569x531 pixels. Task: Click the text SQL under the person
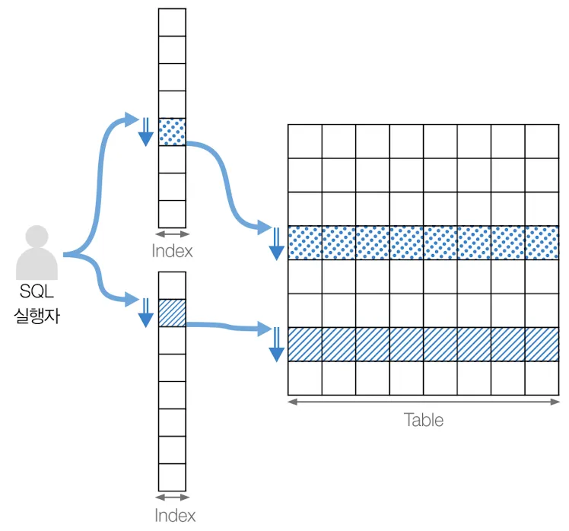[37, 291]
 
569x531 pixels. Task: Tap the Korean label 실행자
[37, 314]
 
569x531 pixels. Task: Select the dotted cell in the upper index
[172, 132]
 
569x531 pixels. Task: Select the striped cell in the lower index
[172, 313]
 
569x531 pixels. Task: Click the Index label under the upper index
[172, 250]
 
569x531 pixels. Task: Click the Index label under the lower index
[174, 515]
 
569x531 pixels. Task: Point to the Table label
[424, 419]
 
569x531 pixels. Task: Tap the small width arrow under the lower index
[172, 498]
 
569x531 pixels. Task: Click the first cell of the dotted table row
[305, 243]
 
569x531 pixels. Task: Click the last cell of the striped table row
[542, 344]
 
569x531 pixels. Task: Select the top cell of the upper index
[172, 22]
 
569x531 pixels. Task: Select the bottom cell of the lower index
[172, 478]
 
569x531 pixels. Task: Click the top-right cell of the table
[542, 141]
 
